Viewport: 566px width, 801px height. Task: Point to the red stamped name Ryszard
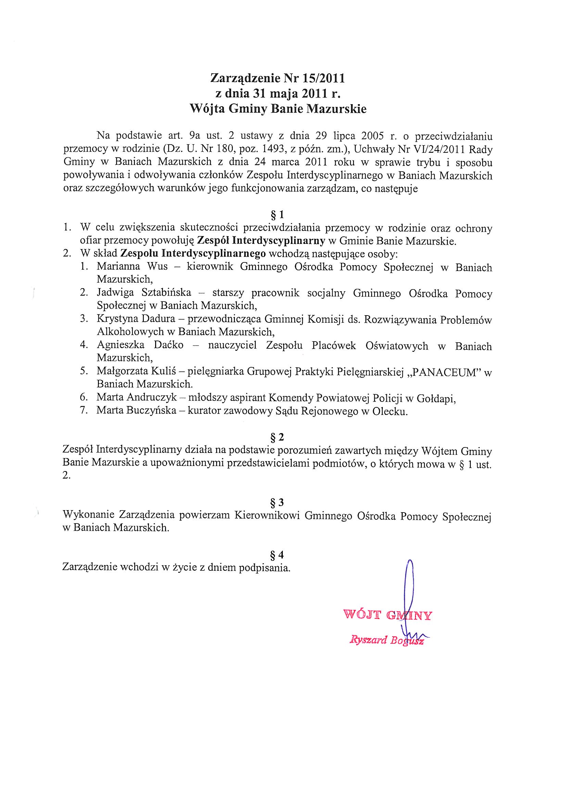click(368, 640)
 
